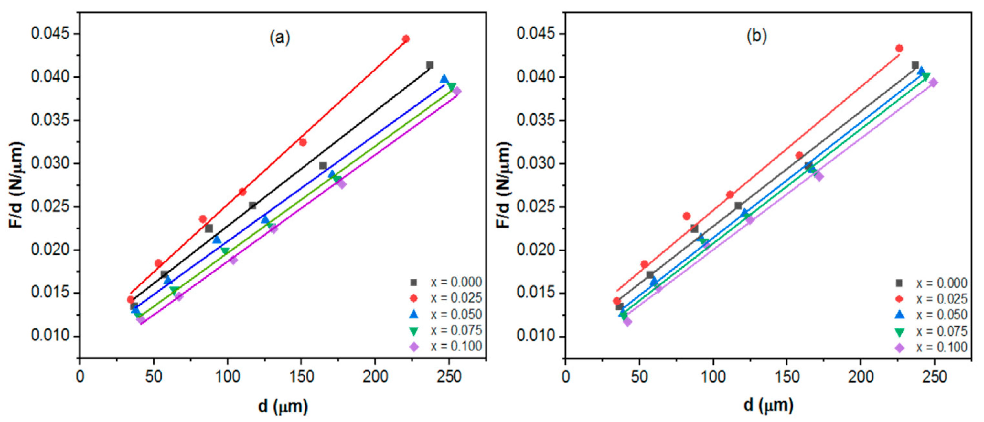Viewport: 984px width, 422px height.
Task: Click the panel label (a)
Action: point(280,38)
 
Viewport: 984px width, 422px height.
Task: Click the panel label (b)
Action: point(756,36)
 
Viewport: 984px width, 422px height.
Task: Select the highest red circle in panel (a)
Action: point(406,39)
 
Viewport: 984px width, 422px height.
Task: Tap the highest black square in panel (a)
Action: point(430,65)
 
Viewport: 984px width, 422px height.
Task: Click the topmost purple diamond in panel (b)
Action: point(933,82)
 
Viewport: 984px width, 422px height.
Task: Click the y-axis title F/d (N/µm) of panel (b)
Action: point(503,185)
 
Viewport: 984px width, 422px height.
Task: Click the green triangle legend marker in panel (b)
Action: point(900,332)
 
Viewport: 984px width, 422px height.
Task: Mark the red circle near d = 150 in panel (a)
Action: point(303,142)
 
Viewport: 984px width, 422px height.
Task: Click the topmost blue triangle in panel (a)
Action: point(444,79)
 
